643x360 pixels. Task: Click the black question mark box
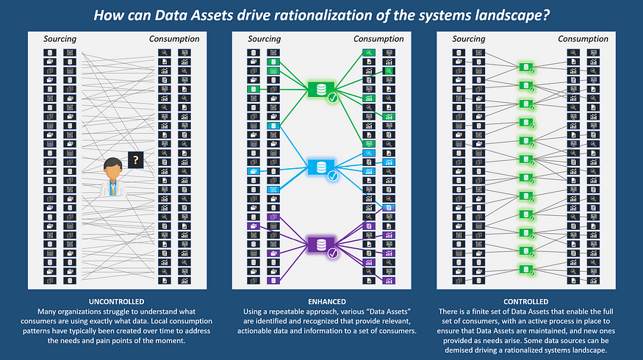pyautogui.click(x=136, y=160)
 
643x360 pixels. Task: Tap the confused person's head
pyautogui.click(x=112, y=169)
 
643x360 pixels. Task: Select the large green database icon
pyautogui.click(x=321, y=90)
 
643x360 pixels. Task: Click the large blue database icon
pyautogui.click(x=321, y=168)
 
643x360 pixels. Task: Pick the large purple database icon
pyautogui.click(x=321, y=245)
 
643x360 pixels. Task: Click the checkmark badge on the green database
pyautogui.click(x=333, y=98)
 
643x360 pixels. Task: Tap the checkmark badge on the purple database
pyautogui.click(x=333, y=253)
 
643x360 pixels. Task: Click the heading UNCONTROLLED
pyautogui.click(x=116, y=302)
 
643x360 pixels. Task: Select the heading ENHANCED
pyautogui.click(x=327, y=302)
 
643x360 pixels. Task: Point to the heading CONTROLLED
pyautogui.click(x=525, y=302)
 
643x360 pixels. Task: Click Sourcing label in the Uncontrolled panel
pyautogui.click(x=60, y=39)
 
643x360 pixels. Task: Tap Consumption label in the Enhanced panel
pyautogui.click(x=378, y=39)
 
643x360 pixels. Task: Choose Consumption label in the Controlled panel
pyautogui.click(x=583, y=39)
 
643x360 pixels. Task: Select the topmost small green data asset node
pyautogui.click(x=525, y=68)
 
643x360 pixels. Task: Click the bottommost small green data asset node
pyautogui.click(x=525, y=270)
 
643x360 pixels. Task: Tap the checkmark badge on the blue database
pyautogui.click(x=333, y=176)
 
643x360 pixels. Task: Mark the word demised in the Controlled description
pyautogui.click(x=460, y=350)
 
